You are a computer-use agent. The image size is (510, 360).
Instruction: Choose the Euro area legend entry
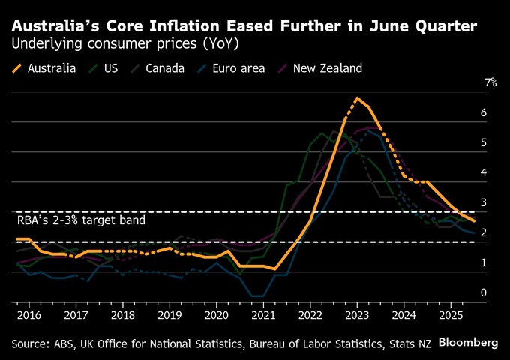232,68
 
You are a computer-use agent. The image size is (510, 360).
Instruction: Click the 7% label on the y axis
490,82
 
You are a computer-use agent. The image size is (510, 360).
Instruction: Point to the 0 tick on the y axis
484,292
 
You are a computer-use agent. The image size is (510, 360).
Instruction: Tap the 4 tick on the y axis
484,172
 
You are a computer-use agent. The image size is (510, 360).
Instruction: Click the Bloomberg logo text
468,342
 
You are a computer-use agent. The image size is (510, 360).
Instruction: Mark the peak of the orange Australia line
357,98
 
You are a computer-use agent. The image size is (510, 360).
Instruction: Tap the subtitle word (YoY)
220,43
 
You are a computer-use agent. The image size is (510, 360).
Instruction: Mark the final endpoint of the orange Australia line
473,220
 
